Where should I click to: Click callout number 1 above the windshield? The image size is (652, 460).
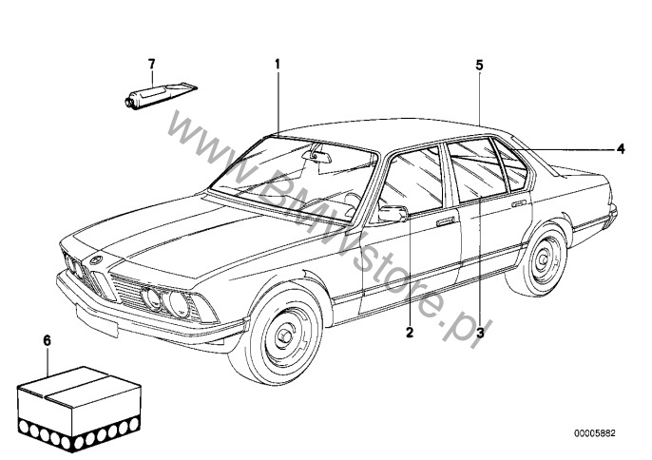coord(278,64)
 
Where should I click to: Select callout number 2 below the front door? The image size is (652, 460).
coord(410,332)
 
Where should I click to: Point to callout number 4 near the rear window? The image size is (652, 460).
coord(620,148)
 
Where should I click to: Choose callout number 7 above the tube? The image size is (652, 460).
coord(149,64)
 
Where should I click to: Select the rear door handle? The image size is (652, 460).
coord(519,202)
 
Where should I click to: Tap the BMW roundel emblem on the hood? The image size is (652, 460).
coord(97,258)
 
